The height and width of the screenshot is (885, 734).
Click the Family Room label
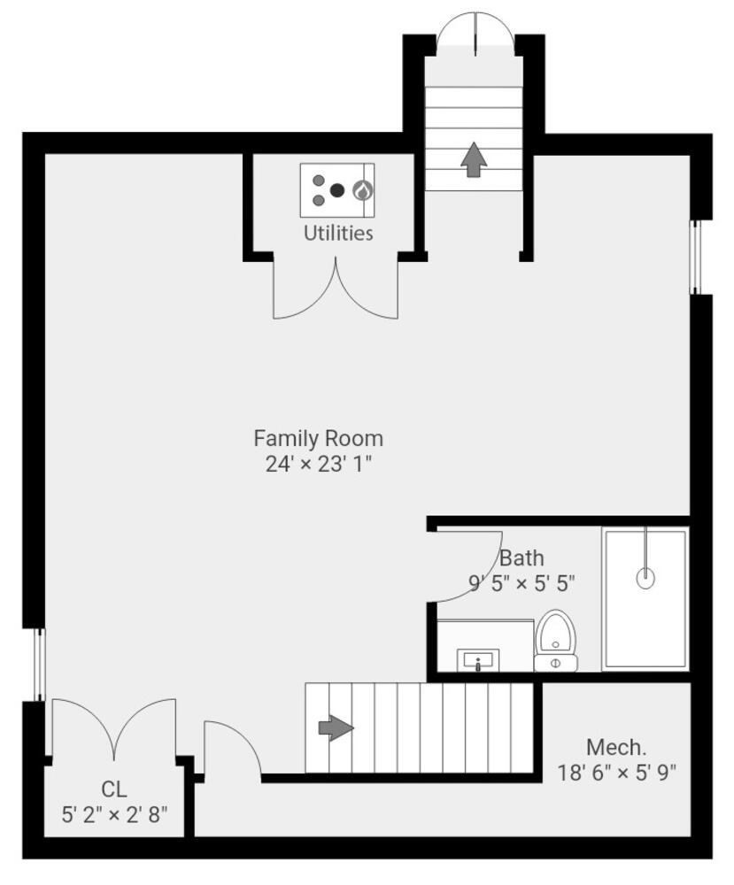pyautogui.click(x=318, y=438)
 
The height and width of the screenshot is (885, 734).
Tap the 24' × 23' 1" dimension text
pyautogui.click(x=318, y=464)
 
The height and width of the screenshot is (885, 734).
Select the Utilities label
pyautogui.click(x=338, y=233)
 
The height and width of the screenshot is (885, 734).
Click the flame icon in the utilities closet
pyautogui.click(x=363, y=189)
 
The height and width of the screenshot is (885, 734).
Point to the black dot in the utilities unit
pyautogui.click(x=336, y=189)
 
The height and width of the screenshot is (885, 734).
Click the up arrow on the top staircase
pyautogui.click(x=474, y=159)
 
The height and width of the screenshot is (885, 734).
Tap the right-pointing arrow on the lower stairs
pyautogui.click(x=336, y=728)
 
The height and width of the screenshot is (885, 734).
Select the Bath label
pyautogui.click(x=522, y=558)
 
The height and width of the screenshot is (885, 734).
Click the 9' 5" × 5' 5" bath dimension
pyautogui.click(x=522, y=583)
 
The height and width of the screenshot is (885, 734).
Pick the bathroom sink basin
pyautogui.click(x=478, y=660)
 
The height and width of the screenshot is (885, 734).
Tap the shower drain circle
pyautogui.click(x=645, y=579)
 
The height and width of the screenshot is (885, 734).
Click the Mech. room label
pyautogui.click(x=615, y=746)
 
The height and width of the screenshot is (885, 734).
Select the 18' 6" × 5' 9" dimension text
pyautogui.click(x=616, y=772)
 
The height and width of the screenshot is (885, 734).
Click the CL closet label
pyautogui.click(x=113, y=789)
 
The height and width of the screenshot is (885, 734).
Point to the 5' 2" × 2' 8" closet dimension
pyautogui.click(x=114, y=814)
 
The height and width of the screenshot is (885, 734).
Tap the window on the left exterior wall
pyautogui.click(x=38, y=665)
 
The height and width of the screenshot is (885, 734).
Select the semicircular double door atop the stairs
pyautogui.click(x=475, y=34)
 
